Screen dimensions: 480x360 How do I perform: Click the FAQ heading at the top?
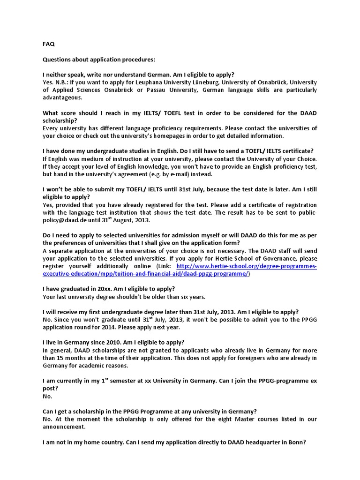click(x=49, y=44)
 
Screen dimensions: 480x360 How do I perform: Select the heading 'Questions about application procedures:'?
click(x=98, y=60)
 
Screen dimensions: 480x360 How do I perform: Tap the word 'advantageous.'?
click(x=62, y=97)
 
